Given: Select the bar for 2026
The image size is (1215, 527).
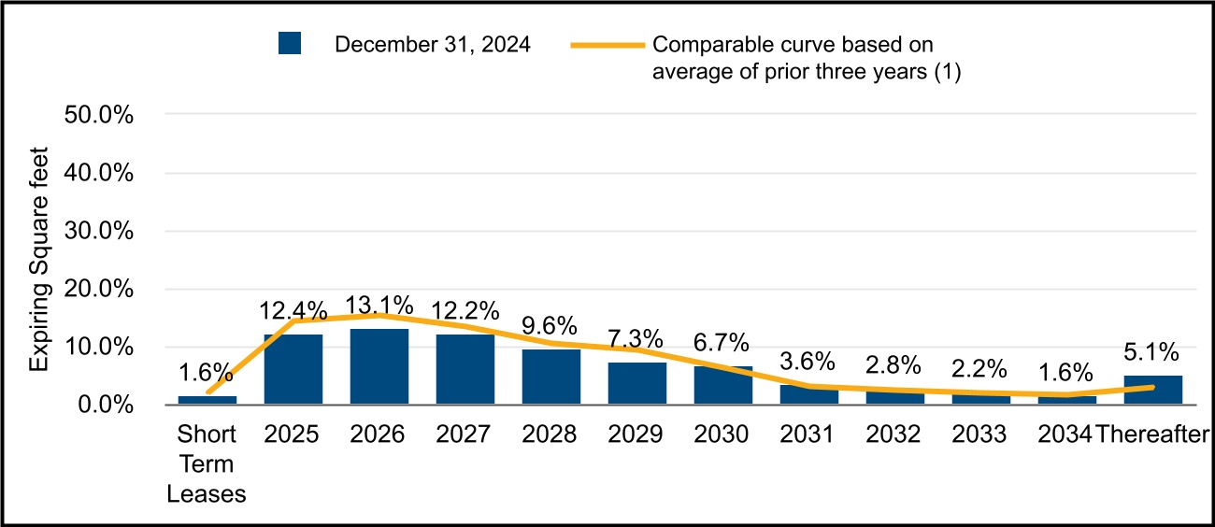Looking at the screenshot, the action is pos(379,366).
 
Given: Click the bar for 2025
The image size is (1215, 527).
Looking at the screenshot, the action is pos(293,369).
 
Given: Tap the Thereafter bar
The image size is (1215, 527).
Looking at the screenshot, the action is pos(1153,390).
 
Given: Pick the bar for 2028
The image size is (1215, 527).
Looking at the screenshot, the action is pos(551,377).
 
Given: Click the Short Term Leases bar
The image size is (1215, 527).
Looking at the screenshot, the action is pos(207,400).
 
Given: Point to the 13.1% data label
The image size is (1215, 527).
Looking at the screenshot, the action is pos(379,306).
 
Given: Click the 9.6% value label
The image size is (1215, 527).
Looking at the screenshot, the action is pos(549,326).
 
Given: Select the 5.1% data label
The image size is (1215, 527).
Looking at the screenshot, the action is pos(1151,352).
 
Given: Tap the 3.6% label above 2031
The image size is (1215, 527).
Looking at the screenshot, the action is pos(808,361).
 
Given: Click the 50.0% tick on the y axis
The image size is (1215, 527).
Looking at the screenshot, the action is pos(99,115).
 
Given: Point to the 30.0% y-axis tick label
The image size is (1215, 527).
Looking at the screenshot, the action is pos(99,231).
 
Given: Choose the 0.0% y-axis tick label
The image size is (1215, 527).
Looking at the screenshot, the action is pos(106,405).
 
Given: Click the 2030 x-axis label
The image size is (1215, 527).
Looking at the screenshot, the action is pos(721,434).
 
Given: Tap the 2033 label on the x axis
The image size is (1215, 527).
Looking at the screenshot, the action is pos(979,434).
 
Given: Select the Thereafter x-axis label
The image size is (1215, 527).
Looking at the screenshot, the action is pos(1152,434).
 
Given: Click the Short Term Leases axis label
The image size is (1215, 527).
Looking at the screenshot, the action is pos(207,464).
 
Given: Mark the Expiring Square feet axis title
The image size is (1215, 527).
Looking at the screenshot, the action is pos(38,259).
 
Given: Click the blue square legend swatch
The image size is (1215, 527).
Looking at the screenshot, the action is pos(290,43).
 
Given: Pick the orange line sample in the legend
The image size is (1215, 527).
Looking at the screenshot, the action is pos(607,45).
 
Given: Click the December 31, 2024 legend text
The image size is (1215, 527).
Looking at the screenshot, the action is pos(433,45).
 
